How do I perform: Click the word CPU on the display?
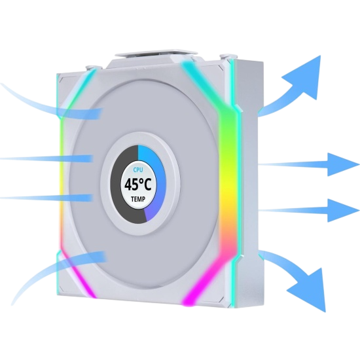click(x=138, y=170)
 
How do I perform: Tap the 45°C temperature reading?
click(x=138, y=185)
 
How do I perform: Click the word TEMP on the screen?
click(x=138, y=199)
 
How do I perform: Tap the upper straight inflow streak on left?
click(x=46, y=158)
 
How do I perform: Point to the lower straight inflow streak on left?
click(x=46, y=198)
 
